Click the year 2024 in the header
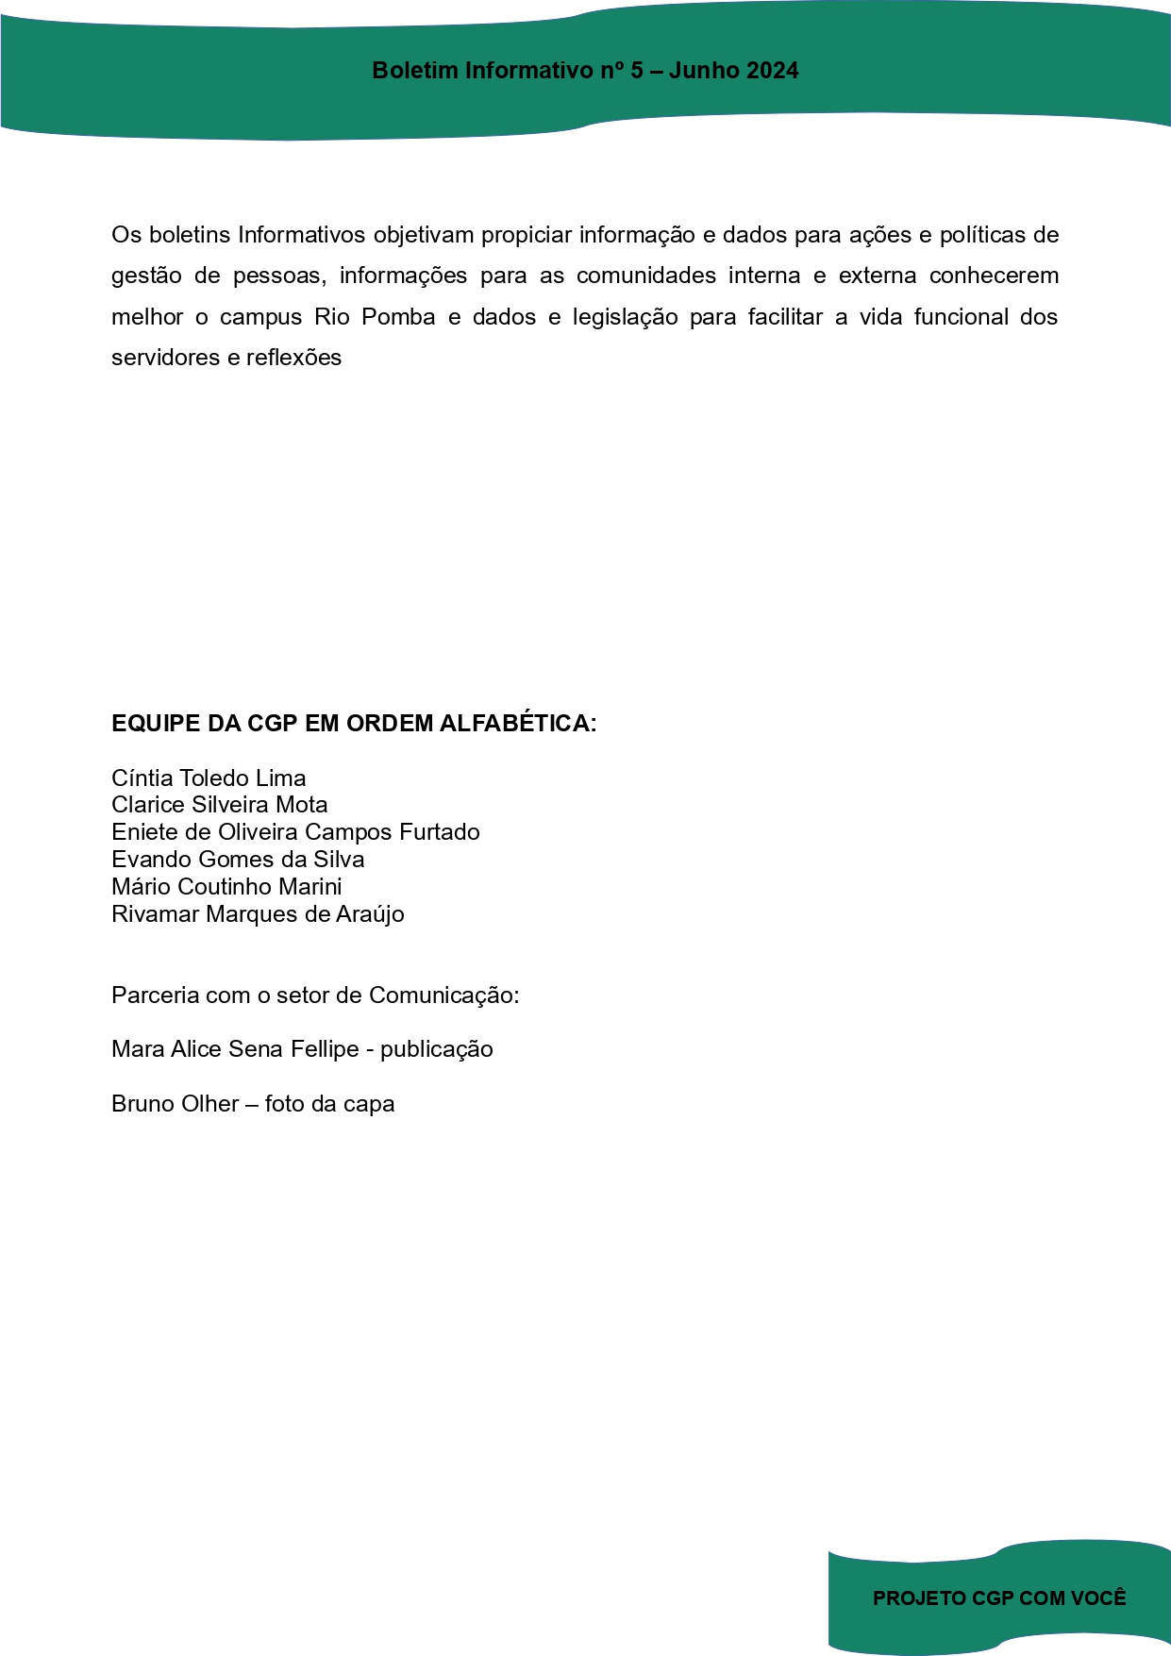pos(772,71)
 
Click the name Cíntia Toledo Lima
pos(209,778)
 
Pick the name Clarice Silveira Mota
pos(220,805)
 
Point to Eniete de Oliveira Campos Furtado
pos(295,832)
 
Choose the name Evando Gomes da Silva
pos(238,860)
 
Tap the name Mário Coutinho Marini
pos(226,887)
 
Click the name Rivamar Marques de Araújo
pos(258,914)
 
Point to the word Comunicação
pos(443,995)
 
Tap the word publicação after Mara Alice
pos(437,1050)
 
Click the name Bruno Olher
pos(175,1104)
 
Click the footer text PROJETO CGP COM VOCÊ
pos(999,1598)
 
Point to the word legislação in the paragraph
pos(625,318)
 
